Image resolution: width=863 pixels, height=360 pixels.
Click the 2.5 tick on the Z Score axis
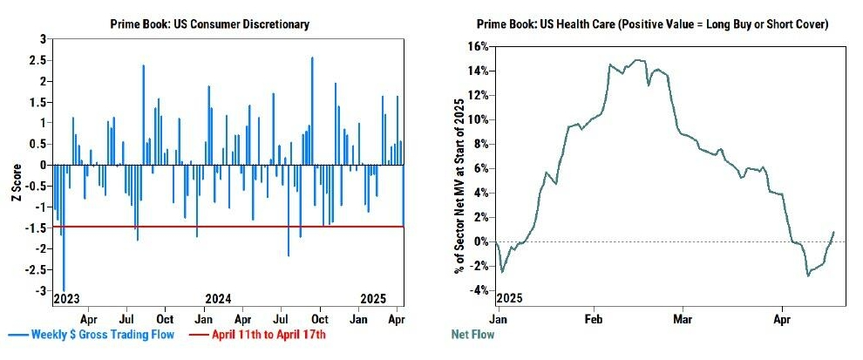click(37, 60)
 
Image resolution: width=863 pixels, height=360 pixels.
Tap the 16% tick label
click(478, 46)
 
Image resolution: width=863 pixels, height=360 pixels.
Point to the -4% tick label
click(478, 290)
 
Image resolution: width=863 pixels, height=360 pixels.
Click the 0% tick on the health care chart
click(480, 241)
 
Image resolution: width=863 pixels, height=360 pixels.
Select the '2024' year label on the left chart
click(218, 298)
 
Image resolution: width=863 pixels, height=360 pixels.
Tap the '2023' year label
click(67, 298)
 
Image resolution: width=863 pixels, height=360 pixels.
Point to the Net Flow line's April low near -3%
click(808, 275)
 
